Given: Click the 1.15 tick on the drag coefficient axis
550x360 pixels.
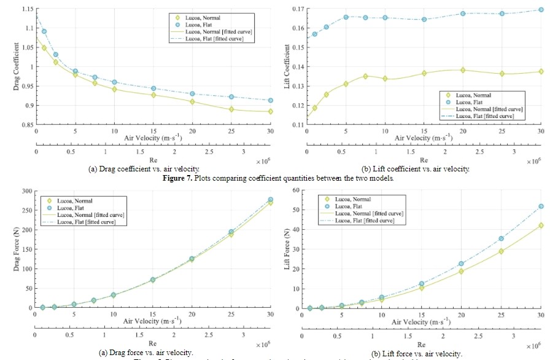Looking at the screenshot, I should pyautogui.click(x=26, y=9).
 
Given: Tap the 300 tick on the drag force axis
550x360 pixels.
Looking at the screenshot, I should pyautogui.click(x=28, y=192).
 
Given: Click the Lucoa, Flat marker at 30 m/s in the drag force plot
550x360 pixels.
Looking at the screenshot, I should pyautogui.click(x=270, y=200).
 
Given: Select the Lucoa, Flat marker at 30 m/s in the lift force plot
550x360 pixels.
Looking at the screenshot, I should pyautogui.click(x=541, y=206).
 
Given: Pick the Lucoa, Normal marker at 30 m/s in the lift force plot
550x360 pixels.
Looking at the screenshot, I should pyautogui.click(x=541, y=225).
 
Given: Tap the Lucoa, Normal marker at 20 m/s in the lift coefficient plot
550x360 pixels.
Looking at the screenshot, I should pyautogui.click(x=463, y=70).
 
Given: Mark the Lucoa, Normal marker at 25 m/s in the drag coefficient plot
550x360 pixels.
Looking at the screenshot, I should pyautogui.click(x=231, y=109).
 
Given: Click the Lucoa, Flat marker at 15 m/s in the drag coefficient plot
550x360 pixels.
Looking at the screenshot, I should pyautogui.click(x=153, y=88).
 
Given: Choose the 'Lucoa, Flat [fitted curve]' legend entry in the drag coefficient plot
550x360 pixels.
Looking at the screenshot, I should pyautogui.click(x=218, y=39).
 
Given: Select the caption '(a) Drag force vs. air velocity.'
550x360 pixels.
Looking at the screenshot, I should pyautogui.click(x=146, y=353).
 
